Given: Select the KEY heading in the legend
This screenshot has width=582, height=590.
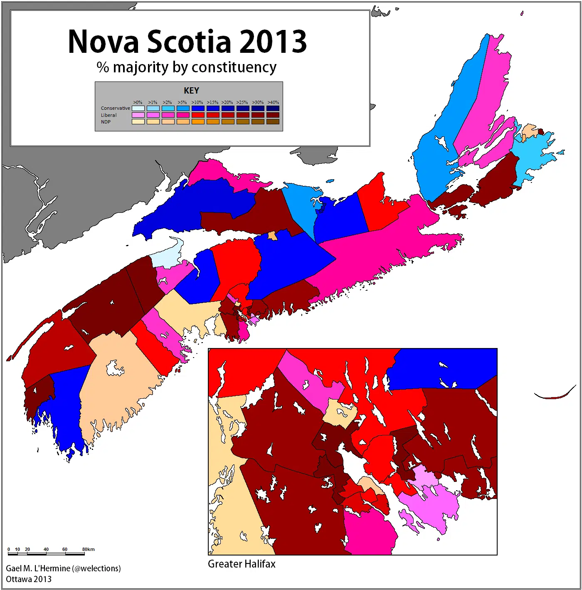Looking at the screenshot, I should click(191, 91).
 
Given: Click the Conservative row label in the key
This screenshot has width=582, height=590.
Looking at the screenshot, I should click(115, 108).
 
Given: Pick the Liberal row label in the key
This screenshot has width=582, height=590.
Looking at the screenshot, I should click(109, 115).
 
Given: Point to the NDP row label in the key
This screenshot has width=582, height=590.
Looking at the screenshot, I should click(106, 122).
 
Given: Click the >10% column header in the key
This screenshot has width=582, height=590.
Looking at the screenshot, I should click(197, 102).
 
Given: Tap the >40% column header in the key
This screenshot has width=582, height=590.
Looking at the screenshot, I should click(273, 102).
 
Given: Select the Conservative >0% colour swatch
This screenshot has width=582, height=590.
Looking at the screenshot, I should click(138, 109).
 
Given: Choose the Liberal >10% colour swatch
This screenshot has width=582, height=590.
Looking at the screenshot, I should click(198, 115).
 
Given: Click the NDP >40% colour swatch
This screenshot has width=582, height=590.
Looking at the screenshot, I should click(273, 122).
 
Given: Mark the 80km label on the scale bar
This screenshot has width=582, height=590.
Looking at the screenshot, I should click(88, 549).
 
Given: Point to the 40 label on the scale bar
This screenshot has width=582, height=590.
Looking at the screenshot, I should click(46, 549).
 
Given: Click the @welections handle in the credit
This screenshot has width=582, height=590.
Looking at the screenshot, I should click(96, 568).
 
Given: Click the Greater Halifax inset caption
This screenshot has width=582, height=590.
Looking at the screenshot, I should click(242, 564).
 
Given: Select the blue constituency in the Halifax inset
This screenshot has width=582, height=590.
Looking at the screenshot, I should click(445, 368).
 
